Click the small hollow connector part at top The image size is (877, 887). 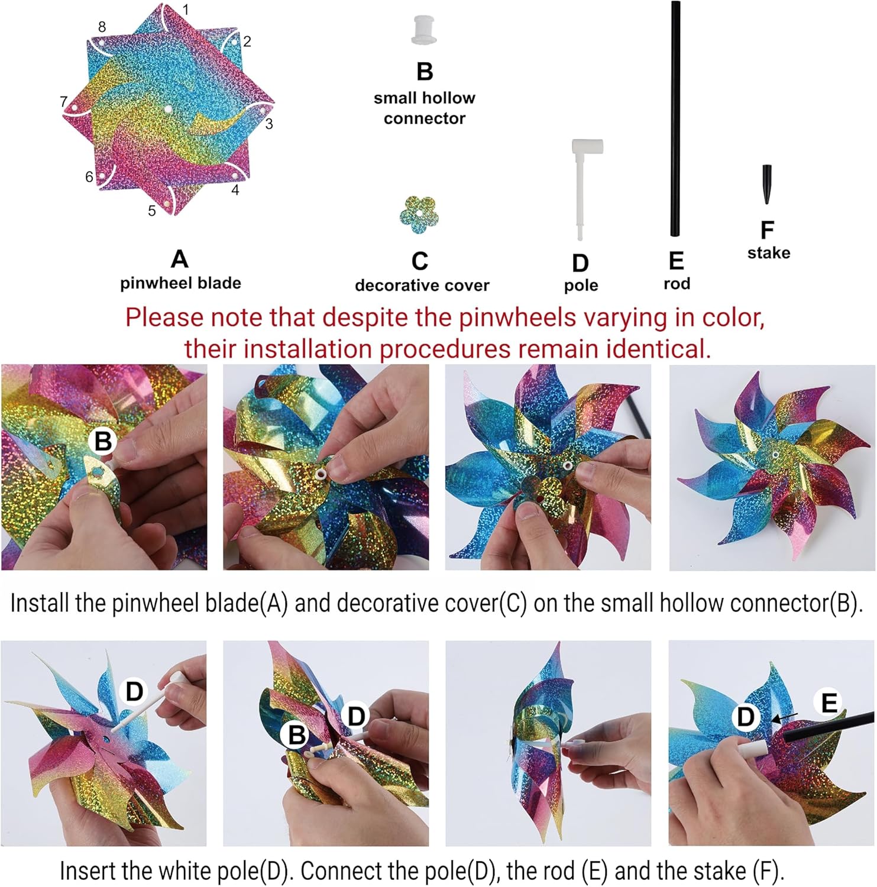pos(424,30)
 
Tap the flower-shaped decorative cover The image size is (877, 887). pos(419,215)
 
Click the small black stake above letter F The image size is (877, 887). pos(767,184)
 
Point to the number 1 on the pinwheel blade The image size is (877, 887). pos(186,10)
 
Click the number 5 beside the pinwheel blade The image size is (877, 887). pos(152,211)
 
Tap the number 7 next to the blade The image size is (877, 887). pos(64,102)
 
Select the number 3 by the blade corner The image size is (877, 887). pos(269,124)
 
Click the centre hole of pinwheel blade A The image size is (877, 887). pos(168,109)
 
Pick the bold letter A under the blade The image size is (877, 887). pos(180,259)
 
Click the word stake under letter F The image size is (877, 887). pos(768,253)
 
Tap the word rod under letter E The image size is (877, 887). pos(677,284)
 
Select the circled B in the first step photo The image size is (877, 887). pos(103,441)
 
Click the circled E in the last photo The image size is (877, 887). pos(829,703)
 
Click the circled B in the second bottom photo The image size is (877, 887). pos(296,735)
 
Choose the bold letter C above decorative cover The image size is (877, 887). pos(420,261)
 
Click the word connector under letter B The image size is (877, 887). pos(425,118)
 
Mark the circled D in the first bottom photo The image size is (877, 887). pos(134,691)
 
